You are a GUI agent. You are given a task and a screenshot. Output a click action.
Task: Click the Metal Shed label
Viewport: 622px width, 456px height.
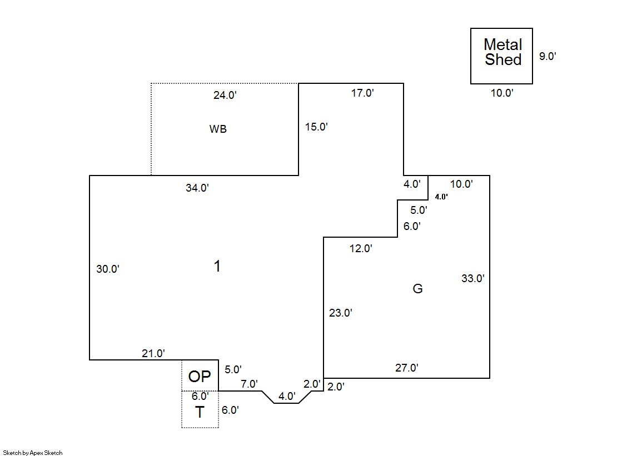coord(502,52)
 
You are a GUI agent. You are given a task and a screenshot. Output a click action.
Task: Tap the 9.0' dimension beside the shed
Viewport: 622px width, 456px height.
coord(548,56)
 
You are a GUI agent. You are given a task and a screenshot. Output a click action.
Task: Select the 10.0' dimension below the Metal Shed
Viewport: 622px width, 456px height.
coord(501,93)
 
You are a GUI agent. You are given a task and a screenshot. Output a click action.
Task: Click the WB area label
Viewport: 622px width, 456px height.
coord(218,129)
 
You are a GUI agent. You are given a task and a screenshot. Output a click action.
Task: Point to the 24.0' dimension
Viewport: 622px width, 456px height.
coord(225,95)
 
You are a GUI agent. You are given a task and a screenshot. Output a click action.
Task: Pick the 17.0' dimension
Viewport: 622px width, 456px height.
coord(362,93)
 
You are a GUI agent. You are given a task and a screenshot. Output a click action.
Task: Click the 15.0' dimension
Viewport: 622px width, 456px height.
coord(316,127)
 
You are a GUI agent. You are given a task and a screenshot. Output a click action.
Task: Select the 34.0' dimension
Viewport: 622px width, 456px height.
coord(197,188)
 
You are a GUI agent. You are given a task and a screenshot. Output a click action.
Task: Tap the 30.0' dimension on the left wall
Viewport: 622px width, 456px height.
coord(108,269)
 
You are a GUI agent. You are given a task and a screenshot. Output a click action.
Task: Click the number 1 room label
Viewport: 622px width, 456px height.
coord(217,267)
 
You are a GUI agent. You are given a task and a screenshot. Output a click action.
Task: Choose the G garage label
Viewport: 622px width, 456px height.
coord(417,288)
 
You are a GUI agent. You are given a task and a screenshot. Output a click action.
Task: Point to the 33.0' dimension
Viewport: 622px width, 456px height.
coord(473,279)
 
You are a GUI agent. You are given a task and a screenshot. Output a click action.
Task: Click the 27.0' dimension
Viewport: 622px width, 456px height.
coord(407,368)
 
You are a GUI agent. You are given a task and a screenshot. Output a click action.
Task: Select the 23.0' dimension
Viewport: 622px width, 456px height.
coord(341,313)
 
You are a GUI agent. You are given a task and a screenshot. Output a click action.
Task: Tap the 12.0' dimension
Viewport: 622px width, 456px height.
coord(361,248)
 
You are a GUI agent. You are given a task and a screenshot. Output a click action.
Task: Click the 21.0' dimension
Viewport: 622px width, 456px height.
coord(153,353)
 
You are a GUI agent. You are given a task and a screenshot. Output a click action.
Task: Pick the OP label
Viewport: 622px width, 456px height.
coord(200,377)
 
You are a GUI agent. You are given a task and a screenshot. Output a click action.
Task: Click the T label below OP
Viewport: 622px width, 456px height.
coord(199,412)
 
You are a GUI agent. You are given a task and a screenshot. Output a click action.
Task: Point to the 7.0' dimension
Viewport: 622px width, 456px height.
coord(249,384)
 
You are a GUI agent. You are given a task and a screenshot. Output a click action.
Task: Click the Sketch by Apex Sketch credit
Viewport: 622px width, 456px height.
coord(32,453)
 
